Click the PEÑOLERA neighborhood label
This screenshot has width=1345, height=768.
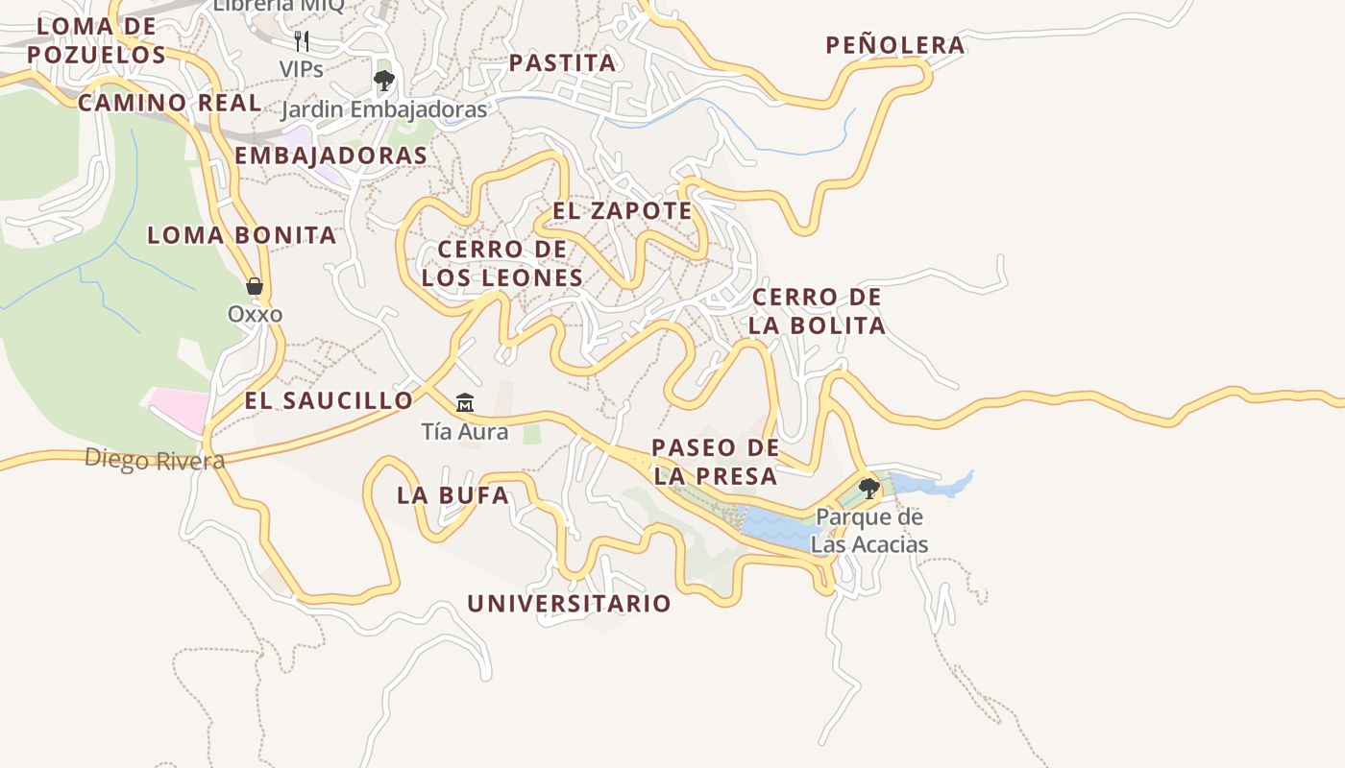pyautogui.click(x=894, y=45)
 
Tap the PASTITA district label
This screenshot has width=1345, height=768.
pyautogui.click(x=562, y=63)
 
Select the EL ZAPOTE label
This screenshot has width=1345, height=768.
pyautogui.click(x=622, y=210)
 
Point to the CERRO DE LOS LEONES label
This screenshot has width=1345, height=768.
pyautogui.click(x=501, y=263)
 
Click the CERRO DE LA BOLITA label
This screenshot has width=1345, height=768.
pyautogui.click(x=817, y=311)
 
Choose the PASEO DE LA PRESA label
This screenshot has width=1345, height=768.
pyautogui.click(x=715, y=462)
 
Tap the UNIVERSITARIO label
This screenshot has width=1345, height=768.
pyautogui.click(x=569, y=604)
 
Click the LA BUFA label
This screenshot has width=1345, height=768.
pyautogui.click(x=452, y=496)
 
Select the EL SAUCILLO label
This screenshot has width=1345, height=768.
pyautogui.click(x=329, y=401)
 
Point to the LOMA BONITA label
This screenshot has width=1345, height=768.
pyautogui.click(x=241, y=235)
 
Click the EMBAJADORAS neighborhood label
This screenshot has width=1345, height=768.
pyautogui.click(x=330, y=156)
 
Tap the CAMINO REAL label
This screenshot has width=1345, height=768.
pyautogui.click(x=169, y=103)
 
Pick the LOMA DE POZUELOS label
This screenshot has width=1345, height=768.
pyautogui.click(x=96, y=40)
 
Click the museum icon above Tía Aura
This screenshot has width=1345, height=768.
pyautogui.click(x=465, y=402)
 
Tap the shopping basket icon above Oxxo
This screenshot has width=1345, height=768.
pyautogui.click(x=255, y=286)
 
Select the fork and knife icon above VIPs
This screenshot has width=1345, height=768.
pyautogui.click(x=302, y=40)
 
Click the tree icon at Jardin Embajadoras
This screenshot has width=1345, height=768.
pyautogui.click(x=384, y=81)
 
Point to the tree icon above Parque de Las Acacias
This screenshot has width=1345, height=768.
pyautogui.click(x=869, y=489)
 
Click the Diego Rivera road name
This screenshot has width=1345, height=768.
pyautogui.click(x=155, y=460)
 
